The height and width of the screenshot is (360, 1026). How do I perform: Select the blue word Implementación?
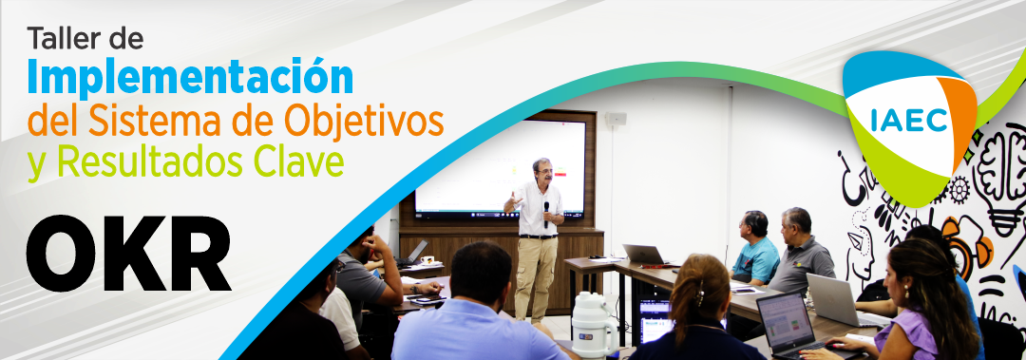(190, 75)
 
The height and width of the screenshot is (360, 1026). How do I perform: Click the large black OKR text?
(128, 256)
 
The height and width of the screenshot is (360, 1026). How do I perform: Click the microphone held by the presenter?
(546, 207)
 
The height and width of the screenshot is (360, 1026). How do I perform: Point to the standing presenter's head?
(542, 171)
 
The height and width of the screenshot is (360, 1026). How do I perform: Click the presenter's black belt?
(538, 236)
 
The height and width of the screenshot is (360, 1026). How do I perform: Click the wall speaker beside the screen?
(616, 119)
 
